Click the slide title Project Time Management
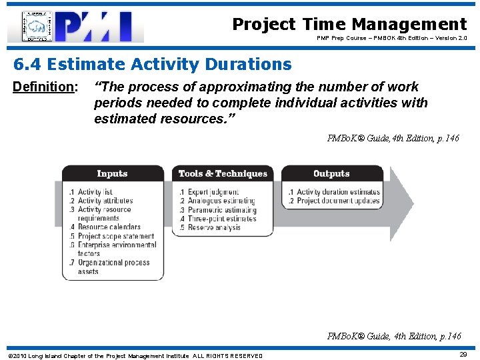coord(349,25)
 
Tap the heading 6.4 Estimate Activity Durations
coord(153,65)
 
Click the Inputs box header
coord(112,173)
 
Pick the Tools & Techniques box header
coord(222,173)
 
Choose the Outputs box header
coord(331,173)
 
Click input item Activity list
coord(95,192)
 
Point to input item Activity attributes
coord(105,201)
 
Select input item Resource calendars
coord(109,227)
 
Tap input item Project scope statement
coord(115,236)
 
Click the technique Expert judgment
coord(213,192)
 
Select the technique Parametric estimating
coord(221,210)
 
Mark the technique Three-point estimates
coord(221,219)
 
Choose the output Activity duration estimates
coord(337,192)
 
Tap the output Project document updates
coord(337,201)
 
